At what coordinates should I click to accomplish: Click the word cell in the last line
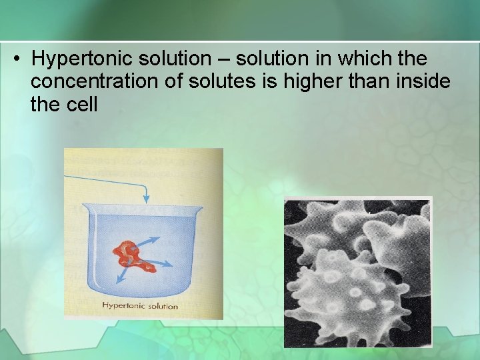(83, 104)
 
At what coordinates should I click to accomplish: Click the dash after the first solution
(225, 60)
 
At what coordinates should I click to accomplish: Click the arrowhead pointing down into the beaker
(147, 200)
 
